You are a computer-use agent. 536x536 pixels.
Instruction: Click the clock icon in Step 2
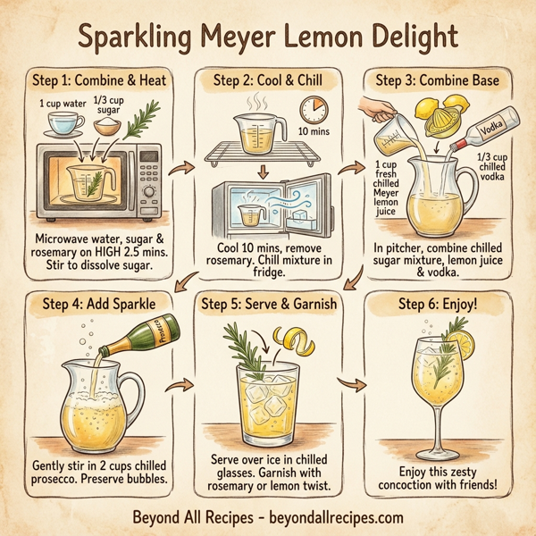tap(314, 111)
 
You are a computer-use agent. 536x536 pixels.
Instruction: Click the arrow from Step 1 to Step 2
tap(187, 167)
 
